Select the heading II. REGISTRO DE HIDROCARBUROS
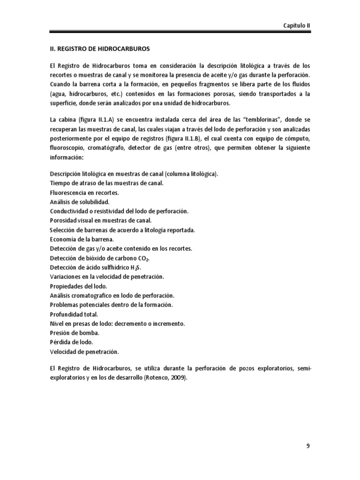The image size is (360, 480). click(101, 48)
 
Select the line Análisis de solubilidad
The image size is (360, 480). click(79, 202)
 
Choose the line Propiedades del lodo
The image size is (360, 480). click(78, 286)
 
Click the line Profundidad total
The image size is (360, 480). click(74, 314)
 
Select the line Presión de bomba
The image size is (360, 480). click(74, 333)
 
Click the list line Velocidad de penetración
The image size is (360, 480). click(84, 352)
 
